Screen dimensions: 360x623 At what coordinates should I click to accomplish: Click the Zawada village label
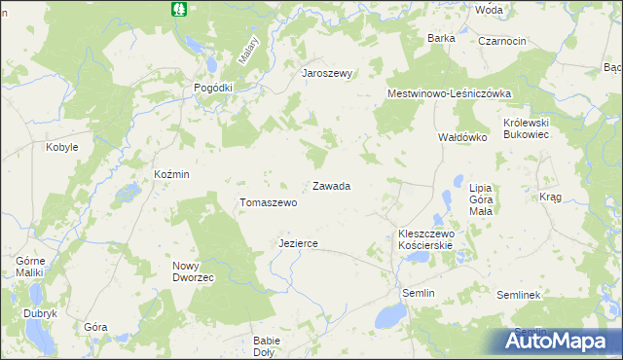point(331,186)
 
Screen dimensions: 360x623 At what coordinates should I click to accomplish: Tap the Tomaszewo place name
point(268,203)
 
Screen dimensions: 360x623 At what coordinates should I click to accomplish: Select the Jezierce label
point(298,243)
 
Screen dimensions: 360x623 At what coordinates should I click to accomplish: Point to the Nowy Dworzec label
point(193,271)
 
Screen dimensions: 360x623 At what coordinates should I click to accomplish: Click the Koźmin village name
point(171,174)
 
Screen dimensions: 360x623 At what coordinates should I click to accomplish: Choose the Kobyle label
point(62,147)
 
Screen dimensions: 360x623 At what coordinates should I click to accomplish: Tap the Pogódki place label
point(213,88)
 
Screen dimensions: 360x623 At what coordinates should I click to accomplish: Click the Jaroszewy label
point(326,74)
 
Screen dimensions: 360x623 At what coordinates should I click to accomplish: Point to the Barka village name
point(441,38)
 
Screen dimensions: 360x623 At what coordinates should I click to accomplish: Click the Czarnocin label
point(501,41)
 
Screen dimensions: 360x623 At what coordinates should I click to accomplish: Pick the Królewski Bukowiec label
point(527,129)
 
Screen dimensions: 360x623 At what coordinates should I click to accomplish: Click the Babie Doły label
point(266,345)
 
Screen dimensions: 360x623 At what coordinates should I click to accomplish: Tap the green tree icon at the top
point(178,9)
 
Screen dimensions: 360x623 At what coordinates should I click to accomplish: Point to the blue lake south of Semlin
point(392,315)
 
